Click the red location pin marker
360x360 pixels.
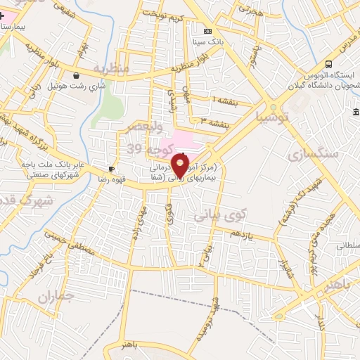(181, 166)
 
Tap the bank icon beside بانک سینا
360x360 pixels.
(207, 31)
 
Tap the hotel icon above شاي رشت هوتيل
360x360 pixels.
(76, 75)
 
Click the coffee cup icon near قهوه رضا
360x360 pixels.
(111, 169)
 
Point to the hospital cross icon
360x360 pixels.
(2, 15)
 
